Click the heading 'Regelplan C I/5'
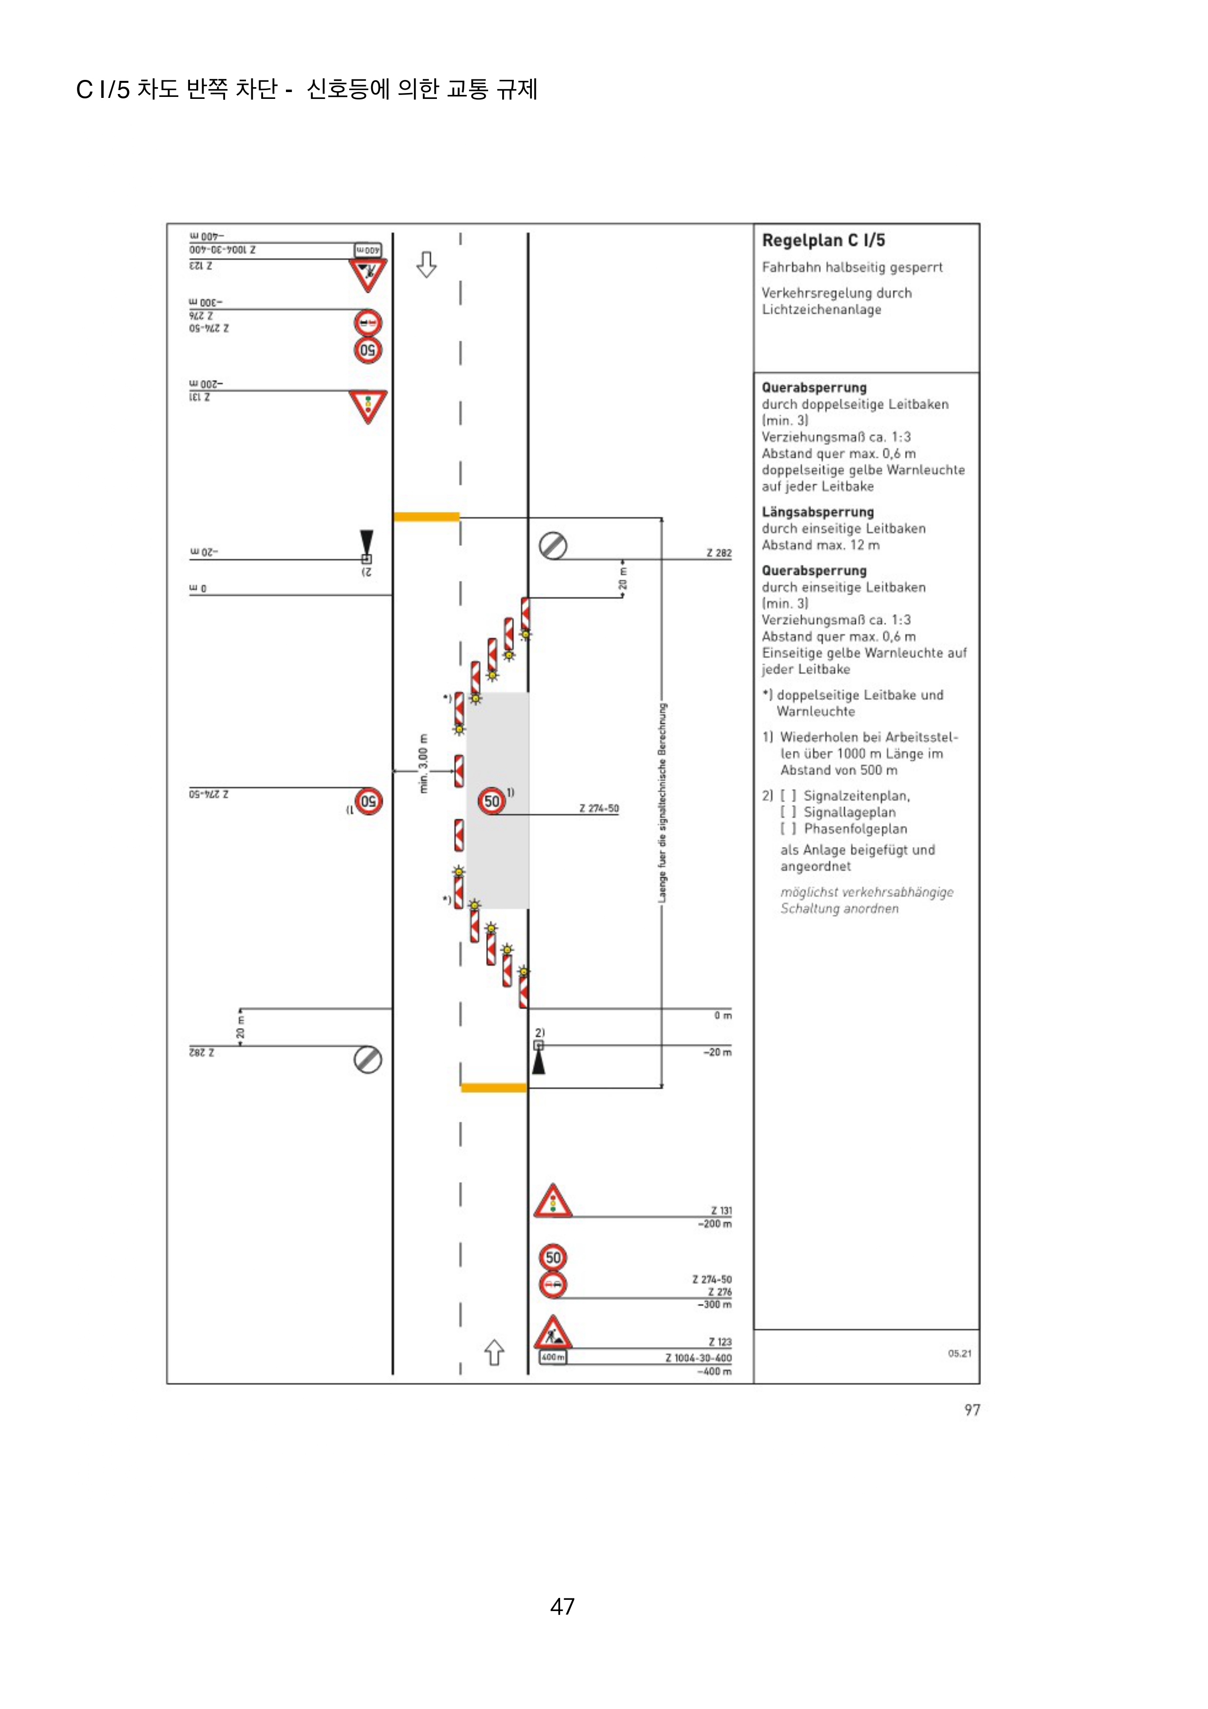(x=823, y=241)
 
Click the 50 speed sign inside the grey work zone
(x=492, y=801)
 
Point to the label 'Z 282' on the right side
(x=718, y=553)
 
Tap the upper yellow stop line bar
(x=427, y=517)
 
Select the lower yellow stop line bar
(x=493, y=1088)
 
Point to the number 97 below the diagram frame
(x=972, y=1410)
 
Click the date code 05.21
(x=960, y=1353)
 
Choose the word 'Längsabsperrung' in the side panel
(x=817, y=512)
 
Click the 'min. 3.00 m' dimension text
(x=423, y=764)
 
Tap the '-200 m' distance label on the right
(x=715, y=1224)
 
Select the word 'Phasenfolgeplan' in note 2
(x=855, y=828)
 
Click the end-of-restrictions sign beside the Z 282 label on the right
(x=553, y=545)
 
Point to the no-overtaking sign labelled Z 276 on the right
(x=552, y=1285)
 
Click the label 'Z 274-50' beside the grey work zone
(x=599, y=808)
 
